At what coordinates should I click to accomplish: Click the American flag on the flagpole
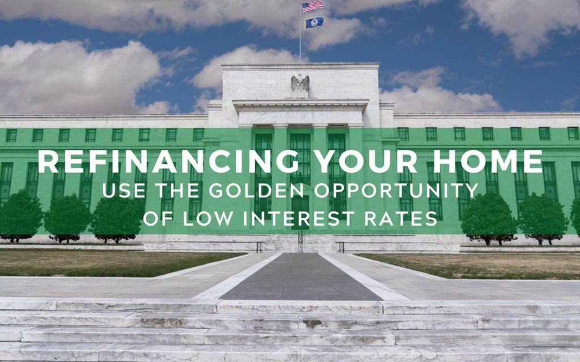coord(313,6)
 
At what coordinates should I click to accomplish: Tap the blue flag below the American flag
coord(314,23)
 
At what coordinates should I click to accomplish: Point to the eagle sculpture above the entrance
coord(300,83)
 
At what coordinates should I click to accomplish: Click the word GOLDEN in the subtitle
coord(256,191)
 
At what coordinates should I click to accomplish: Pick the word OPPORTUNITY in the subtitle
coord(396,191)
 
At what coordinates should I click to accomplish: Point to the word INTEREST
coord(298,218)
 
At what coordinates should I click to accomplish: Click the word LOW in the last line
coord(208,218)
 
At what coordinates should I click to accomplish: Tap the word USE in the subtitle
coord(124,191)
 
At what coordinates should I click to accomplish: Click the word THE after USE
coord(177,191)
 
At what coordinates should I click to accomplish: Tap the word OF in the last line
coord(158,218)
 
